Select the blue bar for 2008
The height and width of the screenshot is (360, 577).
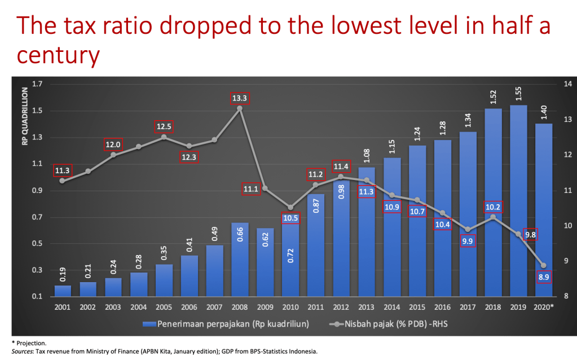click(240, 259)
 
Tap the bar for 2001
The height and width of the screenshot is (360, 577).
click(63, 291)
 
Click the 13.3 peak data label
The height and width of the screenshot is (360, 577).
click(240, 98)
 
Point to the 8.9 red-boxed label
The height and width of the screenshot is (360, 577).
click(543, 277)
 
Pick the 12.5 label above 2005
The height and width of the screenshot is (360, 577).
click(164, 126)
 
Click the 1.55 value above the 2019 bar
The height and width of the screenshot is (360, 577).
click(518, 95)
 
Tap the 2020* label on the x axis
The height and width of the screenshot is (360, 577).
click(543, 308)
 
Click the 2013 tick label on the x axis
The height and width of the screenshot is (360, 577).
click(366, 308)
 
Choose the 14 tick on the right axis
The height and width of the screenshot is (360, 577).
click(565, 84)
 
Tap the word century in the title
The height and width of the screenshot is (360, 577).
click(59, 55)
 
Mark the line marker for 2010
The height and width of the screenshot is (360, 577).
click(290, 208)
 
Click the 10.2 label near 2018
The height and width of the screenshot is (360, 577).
click(494, 207)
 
